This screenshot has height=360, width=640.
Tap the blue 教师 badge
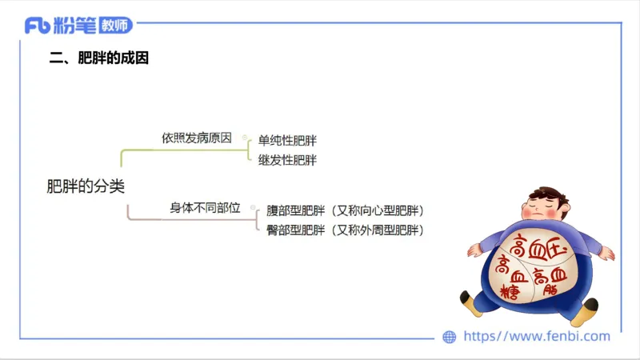(119, 26)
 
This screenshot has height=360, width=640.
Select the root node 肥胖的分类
(86, 186)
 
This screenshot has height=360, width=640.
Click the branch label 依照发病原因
(196, 138)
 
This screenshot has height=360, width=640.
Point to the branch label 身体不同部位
(205, 207)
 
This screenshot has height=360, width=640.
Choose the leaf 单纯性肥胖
(287, 142)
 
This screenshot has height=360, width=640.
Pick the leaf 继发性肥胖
(287, 160)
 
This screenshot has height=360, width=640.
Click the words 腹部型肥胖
(295, 211)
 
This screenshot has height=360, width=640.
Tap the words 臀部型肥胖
(295, 230)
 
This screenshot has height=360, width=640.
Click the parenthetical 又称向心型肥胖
(379, 211)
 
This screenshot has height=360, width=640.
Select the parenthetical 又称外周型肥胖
(379, 230)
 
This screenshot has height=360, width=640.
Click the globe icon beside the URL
(450, 337)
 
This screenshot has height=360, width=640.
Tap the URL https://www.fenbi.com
(537, 337)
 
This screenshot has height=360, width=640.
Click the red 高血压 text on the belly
(538, 246)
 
